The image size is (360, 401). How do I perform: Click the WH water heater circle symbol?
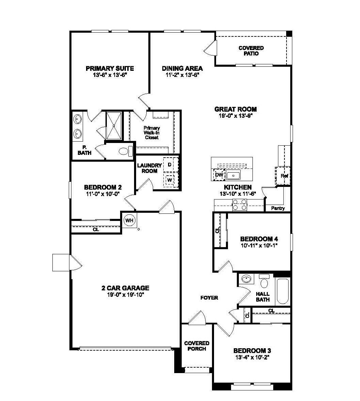(x=129, y=221)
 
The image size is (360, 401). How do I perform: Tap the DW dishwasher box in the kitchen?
(x=219, y=175)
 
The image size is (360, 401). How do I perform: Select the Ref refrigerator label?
(x=284, y=176)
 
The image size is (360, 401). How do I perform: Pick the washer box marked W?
(x=169, y=179)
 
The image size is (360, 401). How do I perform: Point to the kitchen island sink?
(x=234, y=175)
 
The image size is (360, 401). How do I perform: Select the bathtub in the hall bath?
(x=283, y=291)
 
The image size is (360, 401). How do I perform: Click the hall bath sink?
(x=246, y=279)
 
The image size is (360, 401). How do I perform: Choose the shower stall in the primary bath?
(x=114, y=125)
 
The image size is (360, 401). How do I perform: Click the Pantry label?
(x=278, y=208)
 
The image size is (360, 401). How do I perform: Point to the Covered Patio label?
(x=251, y=51)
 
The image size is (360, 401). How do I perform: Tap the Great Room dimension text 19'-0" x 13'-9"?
(x=235, y=115)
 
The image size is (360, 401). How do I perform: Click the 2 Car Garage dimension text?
(x=125, y=294)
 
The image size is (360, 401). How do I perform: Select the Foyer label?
(x=209, y=298)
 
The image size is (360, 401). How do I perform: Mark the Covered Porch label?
(x=196, y=346)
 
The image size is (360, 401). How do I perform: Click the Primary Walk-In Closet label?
(x=151, y=133)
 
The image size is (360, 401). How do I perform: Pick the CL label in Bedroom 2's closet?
(x=96, y=229)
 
